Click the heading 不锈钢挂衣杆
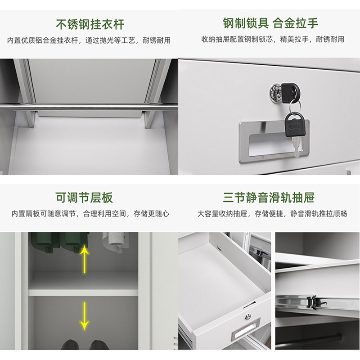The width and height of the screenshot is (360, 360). [90, 24]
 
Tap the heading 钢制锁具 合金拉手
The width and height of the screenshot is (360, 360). [270, 23]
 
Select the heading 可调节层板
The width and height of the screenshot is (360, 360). [84, 198]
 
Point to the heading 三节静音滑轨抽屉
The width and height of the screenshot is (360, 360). [269, 198]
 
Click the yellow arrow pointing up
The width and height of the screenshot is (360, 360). [85, 259]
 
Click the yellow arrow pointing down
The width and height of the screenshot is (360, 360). [85, 316]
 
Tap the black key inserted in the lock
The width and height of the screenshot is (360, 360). [290, 93]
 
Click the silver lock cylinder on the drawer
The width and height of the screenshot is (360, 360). [275, 93]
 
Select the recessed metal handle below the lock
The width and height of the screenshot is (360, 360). [274, 141]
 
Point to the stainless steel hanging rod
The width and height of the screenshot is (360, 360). [89, 107]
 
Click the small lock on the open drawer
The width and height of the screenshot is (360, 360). [247, 317]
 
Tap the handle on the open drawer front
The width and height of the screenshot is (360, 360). [246, 328]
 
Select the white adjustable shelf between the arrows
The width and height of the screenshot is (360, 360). [83, 292]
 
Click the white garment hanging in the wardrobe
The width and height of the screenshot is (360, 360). [114, 242]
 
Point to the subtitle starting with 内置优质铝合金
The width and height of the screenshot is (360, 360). [89, 40]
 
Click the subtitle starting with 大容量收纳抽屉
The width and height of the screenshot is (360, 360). [272, 213]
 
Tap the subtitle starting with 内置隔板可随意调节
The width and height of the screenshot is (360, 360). [90, 213]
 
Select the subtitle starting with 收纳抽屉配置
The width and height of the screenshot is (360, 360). [273, 39]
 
